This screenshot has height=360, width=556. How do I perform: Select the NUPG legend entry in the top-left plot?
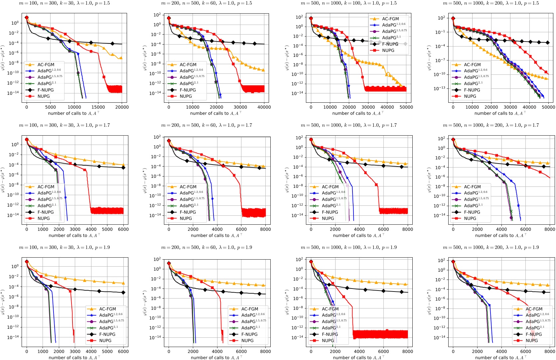[x=44, y=96]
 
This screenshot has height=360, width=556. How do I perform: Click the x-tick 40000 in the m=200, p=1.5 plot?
[x=264, y=107]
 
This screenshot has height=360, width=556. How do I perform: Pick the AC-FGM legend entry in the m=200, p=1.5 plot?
[x=188, y=65]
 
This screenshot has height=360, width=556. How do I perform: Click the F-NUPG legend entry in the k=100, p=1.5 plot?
[x=390, y=44]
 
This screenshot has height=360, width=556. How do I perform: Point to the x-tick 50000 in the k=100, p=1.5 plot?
[x=406, y=107]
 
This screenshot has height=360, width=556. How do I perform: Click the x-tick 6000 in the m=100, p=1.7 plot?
[x=123, y=229]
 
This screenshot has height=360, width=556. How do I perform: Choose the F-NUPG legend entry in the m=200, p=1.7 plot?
[x=188, y=212]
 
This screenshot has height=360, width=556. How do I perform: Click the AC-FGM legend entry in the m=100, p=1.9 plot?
[x=107, y=309]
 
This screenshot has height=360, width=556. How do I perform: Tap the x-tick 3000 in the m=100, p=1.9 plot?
[x=75, y=351]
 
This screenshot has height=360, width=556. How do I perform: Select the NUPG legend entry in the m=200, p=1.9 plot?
[x=247, y=341]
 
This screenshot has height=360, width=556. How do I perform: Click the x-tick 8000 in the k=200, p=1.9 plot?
[x=550, y=351]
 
